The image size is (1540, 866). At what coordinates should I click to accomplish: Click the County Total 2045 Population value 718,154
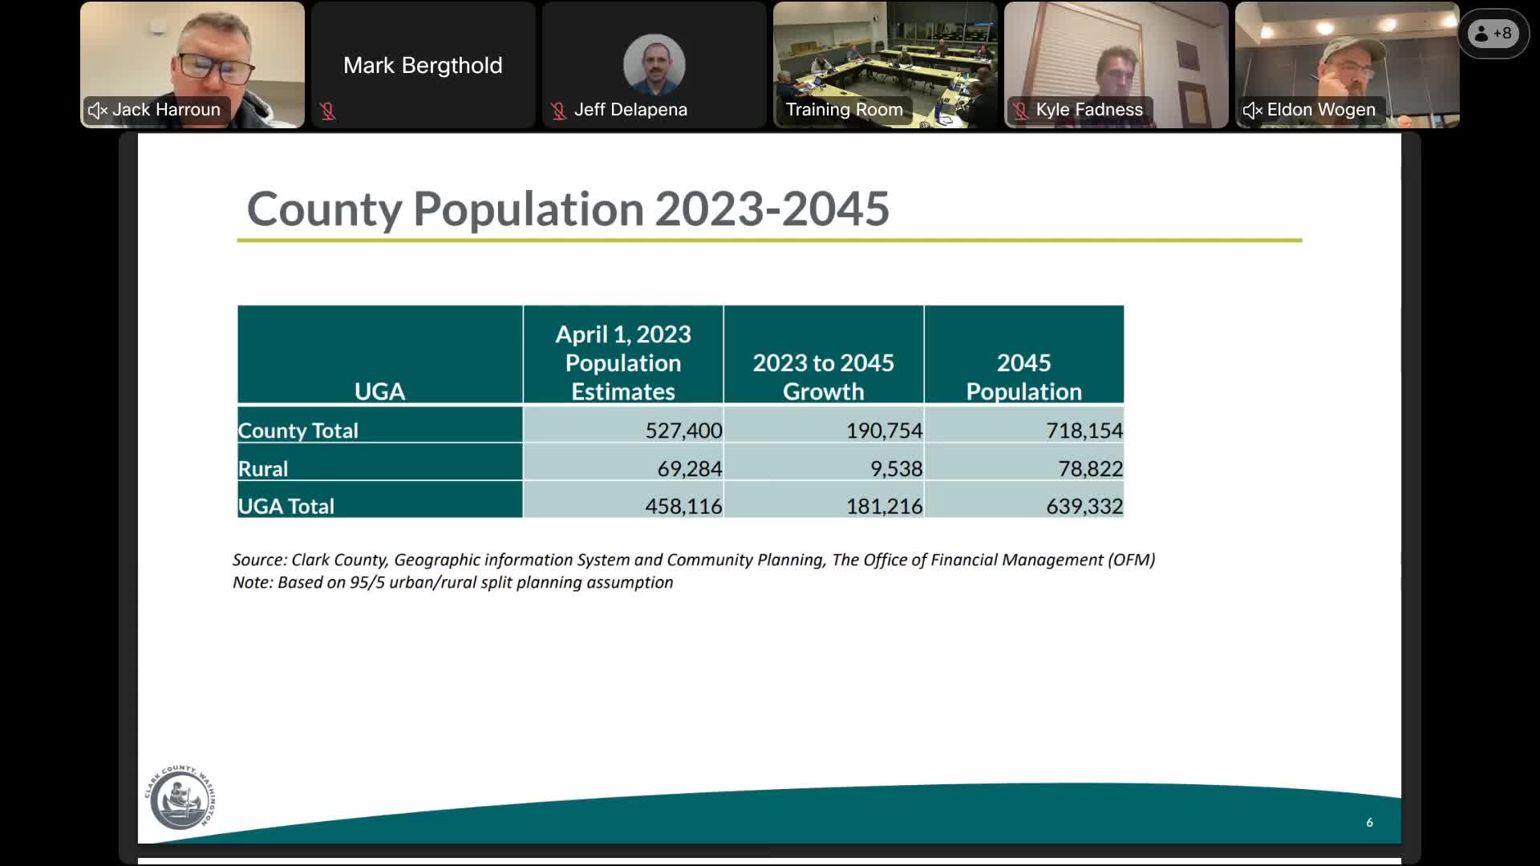pos(1084,431)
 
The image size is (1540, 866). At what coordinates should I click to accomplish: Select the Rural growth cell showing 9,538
pos(896,468)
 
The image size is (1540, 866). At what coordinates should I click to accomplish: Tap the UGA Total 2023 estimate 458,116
pos(683,506)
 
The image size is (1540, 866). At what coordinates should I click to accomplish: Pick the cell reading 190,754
pos(884,431)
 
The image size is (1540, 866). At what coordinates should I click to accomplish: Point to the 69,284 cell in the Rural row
pos(689,468)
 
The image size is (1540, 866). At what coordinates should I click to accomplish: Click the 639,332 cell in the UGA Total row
pos(1084,506)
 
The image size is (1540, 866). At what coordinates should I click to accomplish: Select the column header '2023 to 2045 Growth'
pos(823,376)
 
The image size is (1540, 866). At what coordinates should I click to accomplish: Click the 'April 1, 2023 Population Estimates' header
pos(623,362)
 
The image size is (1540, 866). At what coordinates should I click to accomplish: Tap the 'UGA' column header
pos(379,391)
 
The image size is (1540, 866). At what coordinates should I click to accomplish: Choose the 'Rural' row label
pos(263,468)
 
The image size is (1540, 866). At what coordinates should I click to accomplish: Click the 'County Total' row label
pos(298,431)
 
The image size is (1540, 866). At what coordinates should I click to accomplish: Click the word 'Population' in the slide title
pos(529,208)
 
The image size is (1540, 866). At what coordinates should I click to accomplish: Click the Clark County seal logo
pos(180,798)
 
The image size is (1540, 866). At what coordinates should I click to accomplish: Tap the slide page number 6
pos(1369,822)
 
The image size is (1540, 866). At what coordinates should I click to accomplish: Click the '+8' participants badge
pos(1493,34)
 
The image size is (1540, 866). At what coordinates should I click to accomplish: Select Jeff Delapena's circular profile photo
pos(654,64)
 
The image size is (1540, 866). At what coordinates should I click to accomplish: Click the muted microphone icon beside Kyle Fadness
pos(1020,111)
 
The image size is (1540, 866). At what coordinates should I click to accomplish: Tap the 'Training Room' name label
pos(844,110)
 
